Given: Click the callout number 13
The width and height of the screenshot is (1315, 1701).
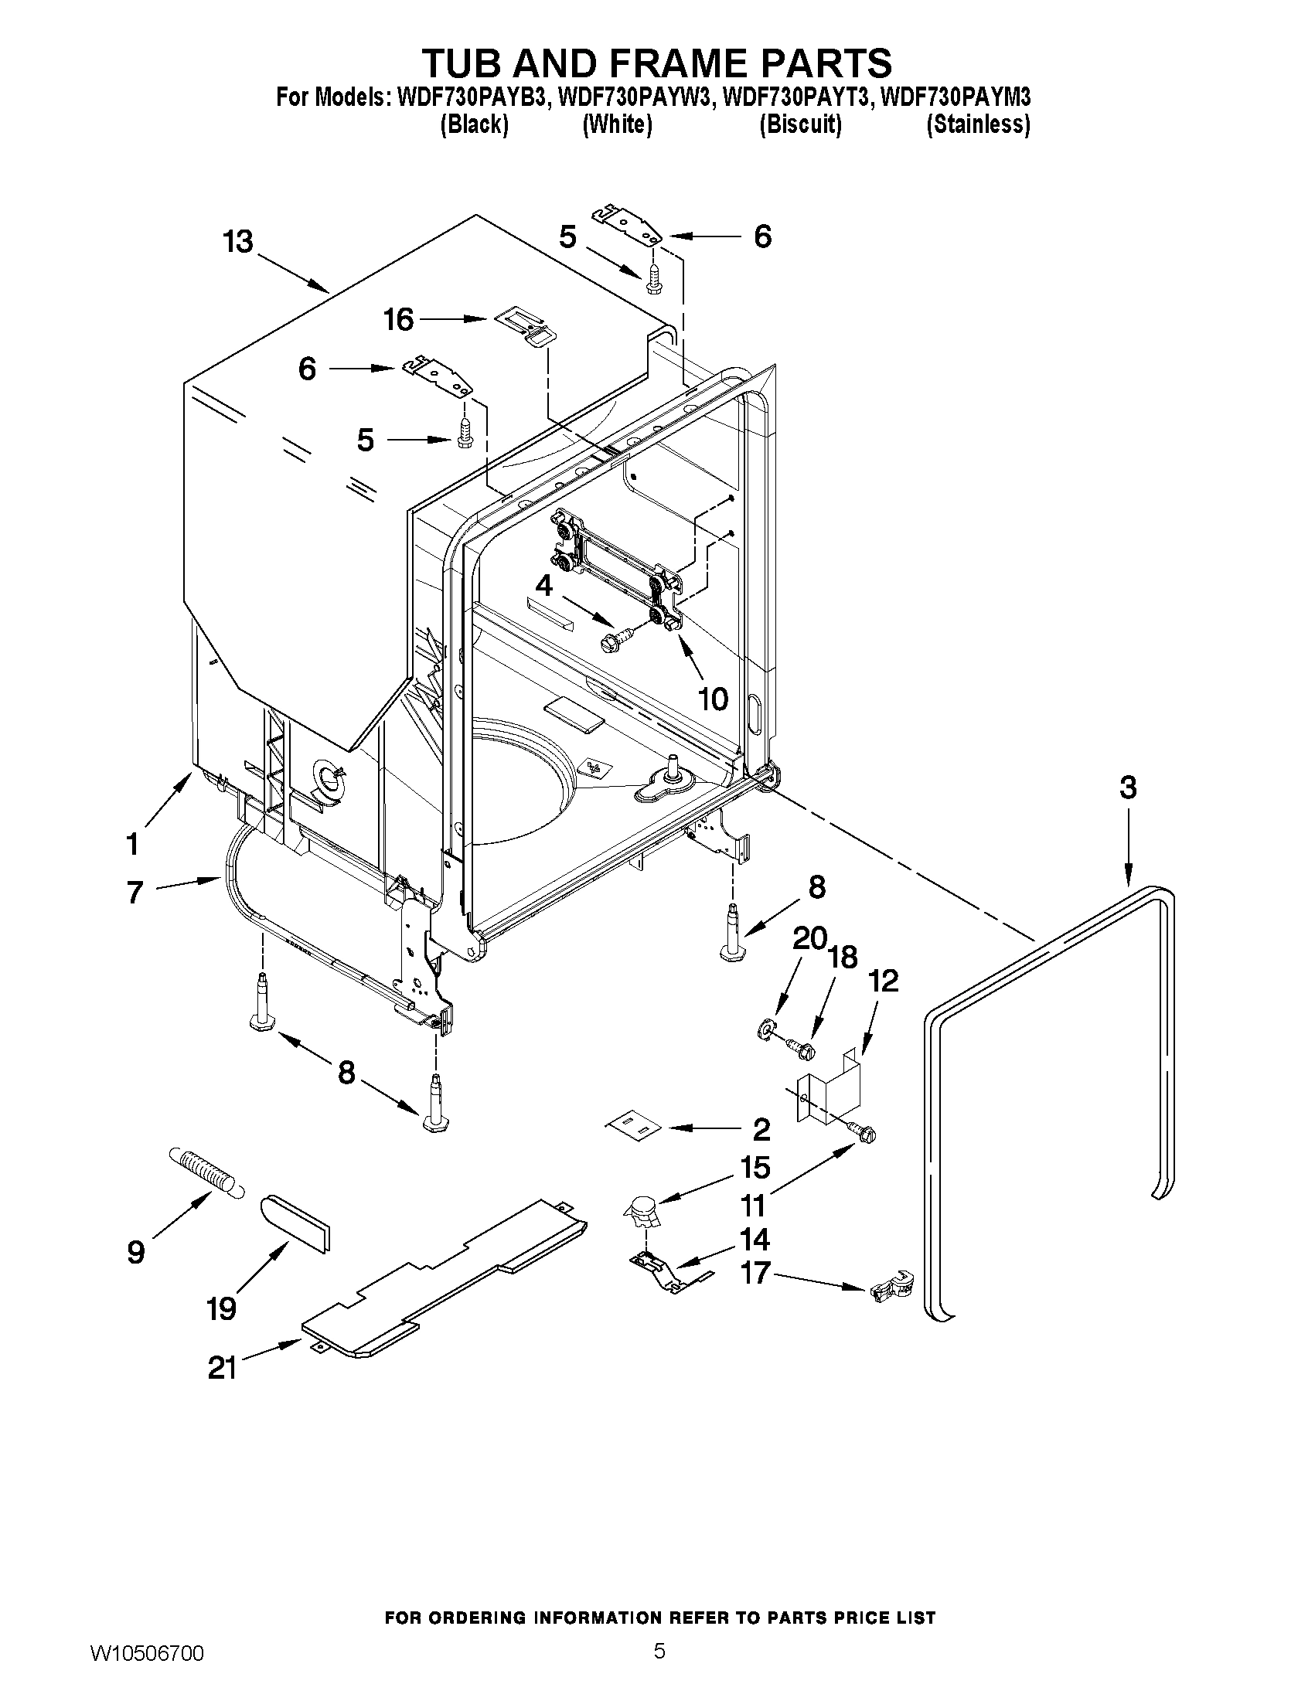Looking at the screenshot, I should pos(238,242).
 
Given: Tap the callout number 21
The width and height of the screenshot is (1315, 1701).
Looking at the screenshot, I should pos(222,1368).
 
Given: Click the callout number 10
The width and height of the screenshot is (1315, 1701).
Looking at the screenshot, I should pos(712,698).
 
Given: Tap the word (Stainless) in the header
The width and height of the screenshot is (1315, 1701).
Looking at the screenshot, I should pos(978,124).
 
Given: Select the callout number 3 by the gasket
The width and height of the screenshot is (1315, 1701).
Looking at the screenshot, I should pos(1128,788).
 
